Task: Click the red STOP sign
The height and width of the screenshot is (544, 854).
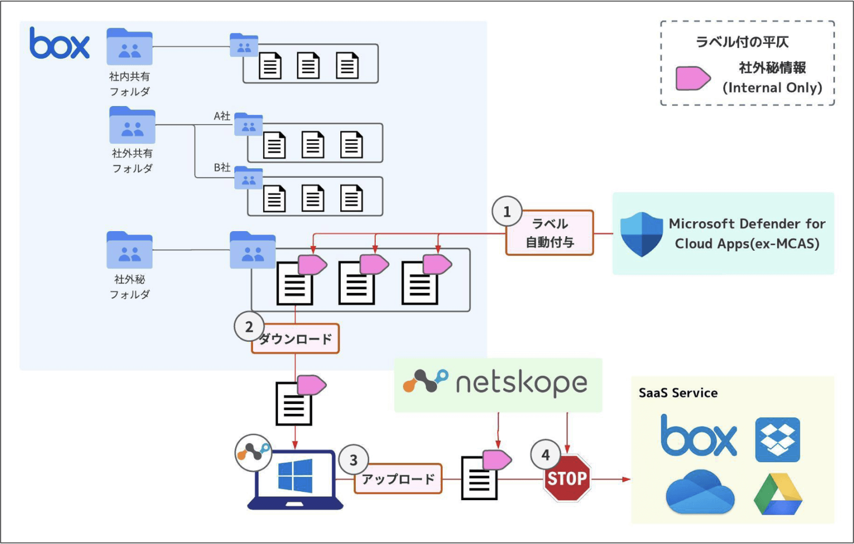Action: coord(567,478)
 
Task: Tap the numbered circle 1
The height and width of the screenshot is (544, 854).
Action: coord(507,212)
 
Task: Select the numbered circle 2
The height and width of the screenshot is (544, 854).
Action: coord(249,327)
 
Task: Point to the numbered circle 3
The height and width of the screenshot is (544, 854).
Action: coord(353,460)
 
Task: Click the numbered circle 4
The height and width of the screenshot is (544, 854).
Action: coord(545,455)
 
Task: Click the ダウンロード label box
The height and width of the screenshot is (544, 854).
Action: coord(295,339)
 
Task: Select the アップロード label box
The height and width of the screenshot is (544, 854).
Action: coord(398,479)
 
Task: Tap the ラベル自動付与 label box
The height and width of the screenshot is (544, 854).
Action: coord(549,233)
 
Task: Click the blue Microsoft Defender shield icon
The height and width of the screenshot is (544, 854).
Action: coord(641,234)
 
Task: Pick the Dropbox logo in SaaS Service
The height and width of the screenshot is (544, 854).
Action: coord(777,440)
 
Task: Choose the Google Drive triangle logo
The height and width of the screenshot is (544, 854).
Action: coord(778,495)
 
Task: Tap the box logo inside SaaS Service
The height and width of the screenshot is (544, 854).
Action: coord(698,435)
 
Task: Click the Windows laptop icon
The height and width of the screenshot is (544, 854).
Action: coord(295,480)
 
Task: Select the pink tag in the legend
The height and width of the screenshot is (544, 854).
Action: coord(692,78)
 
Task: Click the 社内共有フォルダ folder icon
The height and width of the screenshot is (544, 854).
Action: coord(130,47)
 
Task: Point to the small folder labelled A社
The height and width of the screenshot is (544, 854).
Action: coord(248,124)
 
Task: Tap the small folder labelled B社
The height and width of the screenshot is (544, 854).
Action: coord(248,178)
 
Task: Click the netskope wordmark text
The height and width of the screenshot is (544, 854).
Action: coord(521,383)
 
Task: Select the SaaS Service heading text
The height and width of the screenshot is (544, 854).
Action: coord(678,393)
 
